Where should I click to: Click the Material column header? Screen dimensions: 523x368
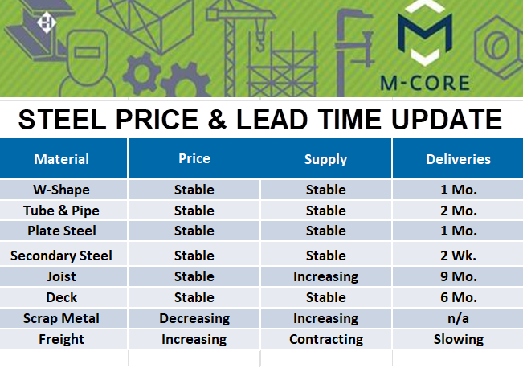coord(61,159)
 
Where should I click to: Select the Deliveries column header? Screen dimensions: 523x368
coord(458,159)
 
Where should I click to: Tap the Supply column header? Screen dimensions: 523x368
coord(325,159)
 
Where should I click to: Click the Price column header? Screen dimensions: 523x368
coord(194,158)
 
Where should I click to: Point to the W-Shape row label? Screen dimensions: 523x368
coord(61,190)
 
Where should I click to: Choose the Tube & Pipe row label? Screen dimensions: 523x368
coord(61,211)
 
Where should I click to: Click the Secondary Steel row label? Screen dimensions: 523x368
coord(61,256)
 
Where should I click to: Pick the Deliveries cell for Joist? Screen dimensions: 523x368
coord(458,276)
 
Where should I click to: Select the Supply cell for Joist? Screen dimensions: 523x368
coord(325,277)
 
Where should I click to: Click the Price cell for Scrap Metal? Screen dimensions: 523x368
coord(194,319)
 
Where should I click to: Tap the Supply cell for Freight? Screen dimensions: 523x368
coord(326,340)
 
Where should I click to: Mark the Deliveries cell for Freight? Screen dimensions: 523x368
coord(458,340)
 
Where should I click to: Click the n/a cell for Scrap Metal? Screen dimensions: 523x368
coord(458,319)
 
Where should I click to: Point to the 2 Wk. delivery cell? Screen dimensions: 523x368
coord(458,256)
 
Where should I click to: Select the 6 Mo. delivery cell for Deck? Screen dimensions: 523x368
coord(458,297)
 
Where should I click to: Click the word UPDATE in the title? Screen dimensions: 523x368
coord(447,120)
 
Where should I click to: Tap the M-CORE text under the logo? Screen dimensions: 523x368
coord(425,83)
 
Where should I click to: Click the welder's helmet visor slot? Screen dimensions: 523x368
coord(88,52)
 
